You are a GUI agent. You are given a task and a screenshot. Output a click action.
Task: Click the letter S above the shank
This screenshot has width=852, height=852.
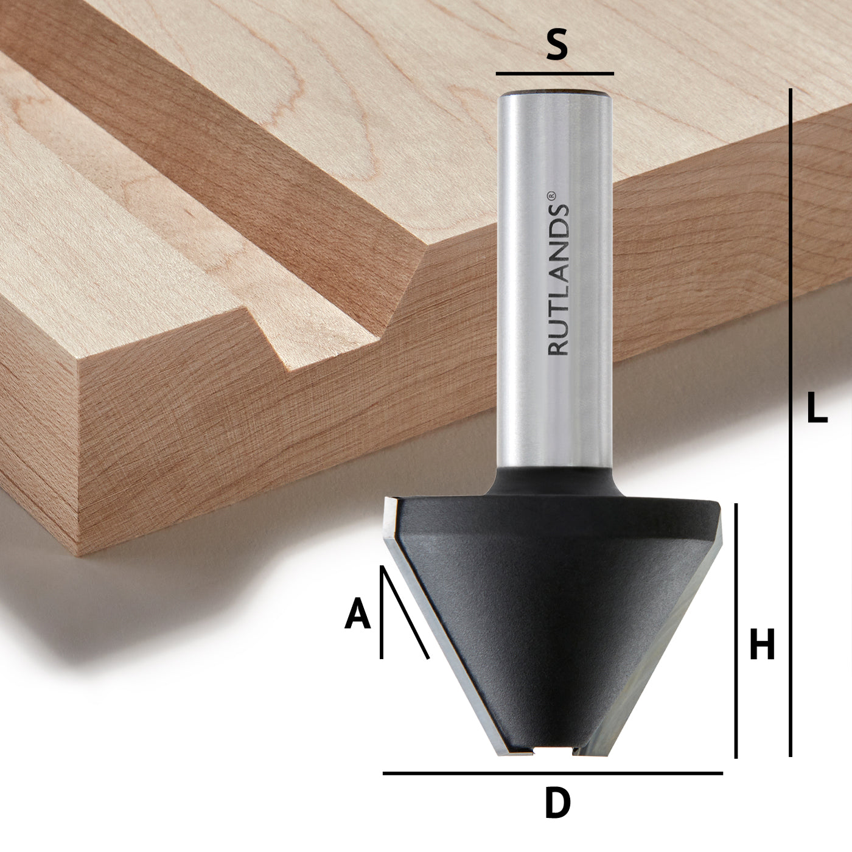point(556,46)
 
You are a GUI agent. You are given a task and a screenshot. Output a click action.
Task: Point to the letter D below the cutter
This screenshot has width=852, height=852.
point(557,803)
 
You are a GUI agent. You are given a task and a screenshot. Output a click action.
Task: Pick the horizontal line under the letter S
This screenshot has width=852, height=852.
point(554,74)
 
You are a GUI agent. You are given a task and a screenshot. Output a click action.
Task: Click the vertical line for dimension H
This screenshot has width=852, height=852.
point(736,630)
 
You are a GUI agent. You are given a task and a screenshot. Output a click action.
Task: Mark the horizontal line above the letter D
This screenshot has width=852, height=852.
point(552,773)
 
